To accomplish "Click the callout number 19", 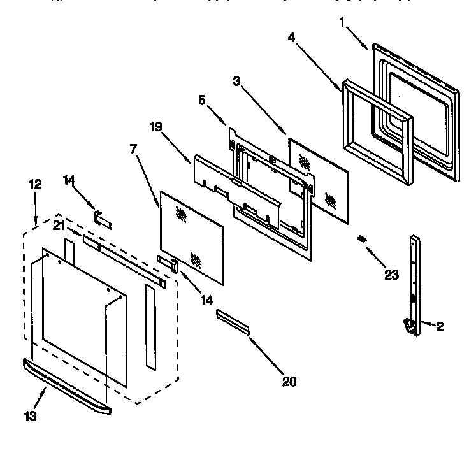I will pos(156,127).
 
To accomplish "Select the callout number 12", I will pos(35,184).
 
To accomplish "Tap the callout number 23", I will pos(391,275).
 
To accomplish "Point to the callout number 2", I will pos(440,327).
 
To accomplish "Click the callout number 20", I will pos(289,382).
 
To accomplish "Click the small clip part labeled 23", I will pos(363,239).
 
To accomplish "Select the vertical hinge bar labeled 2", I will pos(415,280).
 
